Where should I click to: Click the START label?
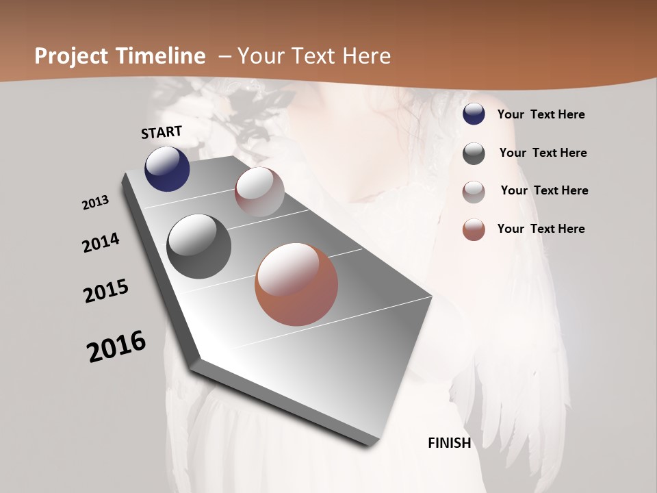pos(162,132)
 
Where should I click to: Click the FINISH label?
pos(449,443)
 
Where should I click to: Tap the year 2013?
pos(95,203)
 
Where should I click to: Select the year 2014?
pos(101,242)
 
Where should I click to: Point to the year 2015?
pos(106,291)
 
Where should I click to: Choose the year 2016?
pos(116,346)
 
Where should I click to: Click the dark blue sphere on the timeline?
pos(167,168)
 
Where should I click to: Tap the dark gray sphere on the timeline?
pos(199,246)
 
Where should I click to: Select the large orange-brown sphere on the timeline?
pos(296,284)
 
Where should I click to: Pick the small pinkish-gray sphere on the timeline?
pos(259,192)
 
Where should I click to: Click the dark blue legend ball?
pos(474,114)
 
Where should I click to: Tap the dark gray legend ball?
pos(474,153)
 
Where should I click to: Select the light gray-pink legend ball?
pos(474,192)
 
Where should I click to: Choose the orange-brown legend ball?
pos(474,229)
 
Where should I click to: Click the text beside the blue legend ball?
pos(541,115)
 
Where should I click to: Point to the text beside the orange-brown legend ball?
pos(541,229)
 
